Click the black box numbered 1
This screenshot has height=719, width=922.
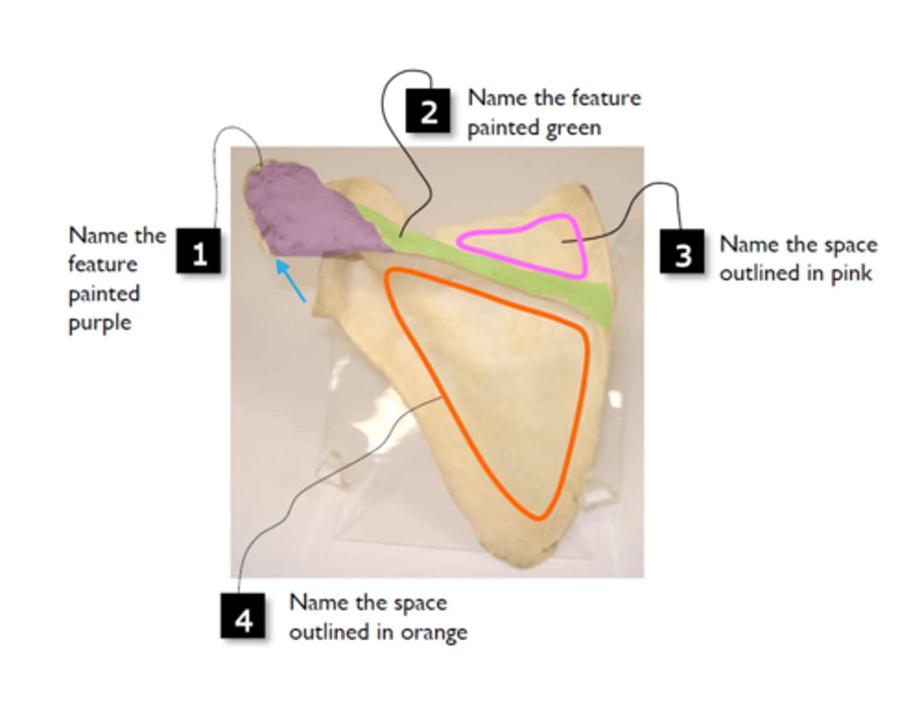[x=198, y=250]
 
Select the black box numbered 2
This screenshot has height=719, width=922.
[x=428, y=111]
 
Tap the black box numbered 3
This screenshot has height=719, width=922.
[x=682, y=251]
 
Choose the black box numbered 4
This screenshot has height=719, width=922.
[x=243, y=615]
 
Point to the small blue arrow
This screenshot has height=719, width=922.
[x=291, y=281]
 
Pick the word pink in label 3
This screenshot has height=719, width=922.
[x=851, y=273]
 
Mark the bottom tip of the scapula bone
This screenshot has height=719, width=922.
[x=524, y=566]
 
